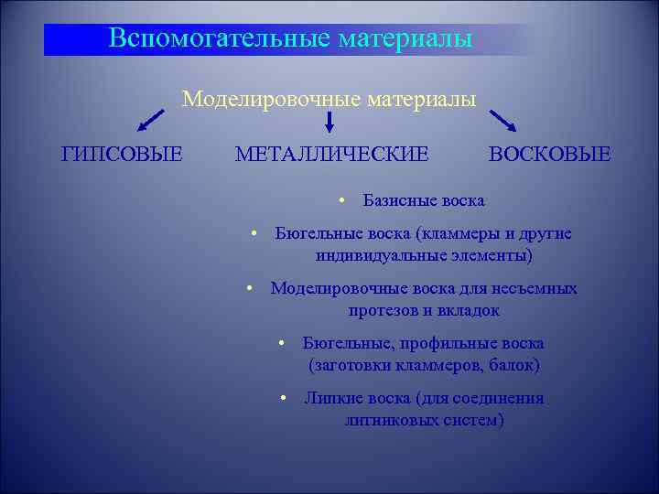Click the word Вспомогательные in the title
tap(219, 38)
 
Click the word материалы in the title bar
tap(405, 38)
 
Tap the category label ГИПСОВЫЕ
tap(121, 154)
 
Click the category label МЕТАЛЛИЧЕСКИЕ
tap(331, 154)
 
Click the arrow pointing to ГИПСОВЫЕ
tap(152, 121)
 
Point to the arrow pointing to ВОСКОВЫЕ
tap(503, 122)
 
